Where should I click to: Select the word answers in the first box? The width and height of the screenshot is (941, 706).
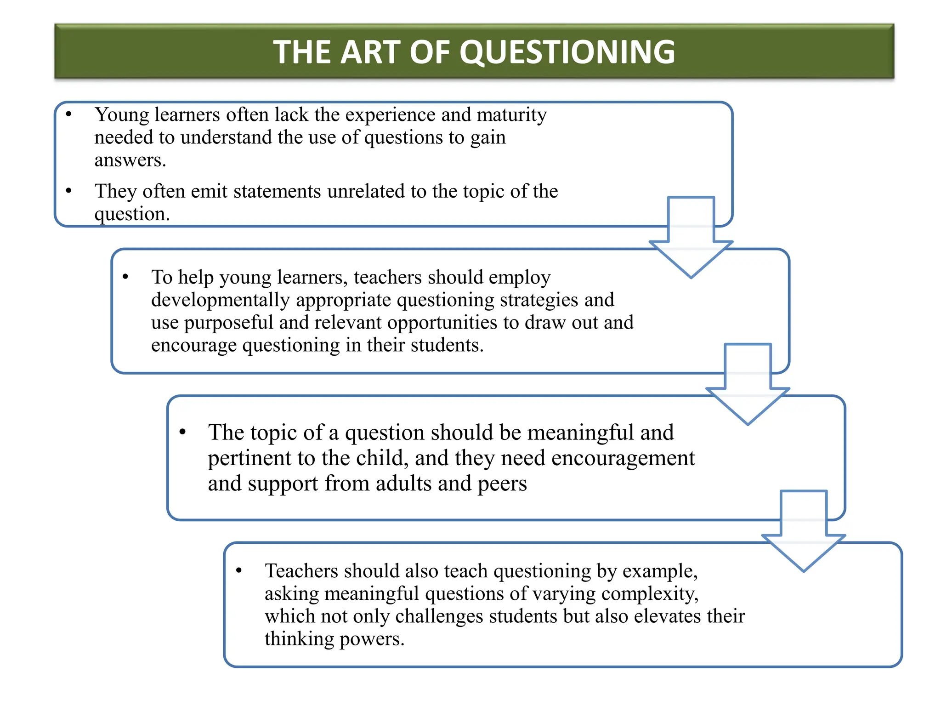click(x=130, y=160)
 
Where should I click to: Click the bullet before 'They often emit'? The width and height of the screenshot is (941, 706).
click(x=69, y=190)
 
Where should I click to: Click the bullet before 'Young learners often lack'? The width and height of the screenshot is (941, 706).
click(x=69, y=114)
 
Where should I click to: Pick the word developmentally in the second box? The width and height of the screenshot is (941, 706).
click(x=220, y=300)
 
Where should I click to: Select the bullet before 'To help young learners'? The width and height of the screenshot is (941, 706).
click(x=125, y=277)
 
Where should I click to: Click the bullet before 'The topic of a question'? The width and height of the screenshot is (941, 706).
click(x=182, y=432)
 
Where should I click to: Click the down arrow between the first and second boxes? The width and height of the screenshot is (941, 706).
click(x=691, y=239)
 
